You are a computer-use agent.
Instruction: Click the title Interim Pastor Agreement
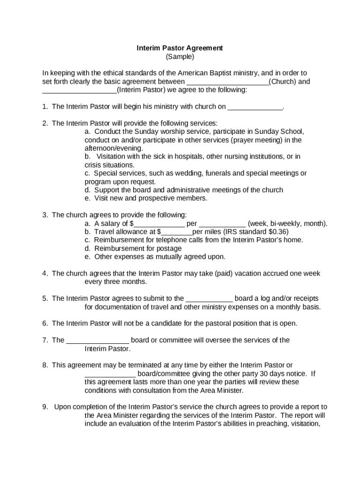(x=180, y=48)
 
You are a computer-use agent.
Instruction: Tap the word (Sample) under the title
(x=180, y=57)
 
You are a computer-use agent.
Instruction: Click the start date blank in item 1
(x=255, y=107)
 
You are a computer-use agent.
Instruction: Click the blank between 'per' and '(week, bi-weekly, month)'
(x=222, y=224)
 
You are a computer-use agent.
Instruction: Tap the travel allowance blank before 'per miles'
(x=176, y=232)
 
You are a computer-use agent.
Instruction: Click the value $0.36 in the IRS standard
(x=278, y=232)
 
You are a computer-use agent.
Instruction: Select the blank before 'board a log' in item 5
(x=209, y=298)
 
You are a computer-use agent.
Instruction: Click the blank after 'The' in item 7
(x=97, y=340)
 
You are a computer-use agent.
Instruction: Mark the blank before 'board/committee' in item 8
(x=110, y=374)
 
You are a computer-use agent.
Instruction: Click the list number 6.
(x=45, y=324)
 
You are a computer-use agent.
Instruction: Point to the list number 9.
(x=45, y=407)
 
